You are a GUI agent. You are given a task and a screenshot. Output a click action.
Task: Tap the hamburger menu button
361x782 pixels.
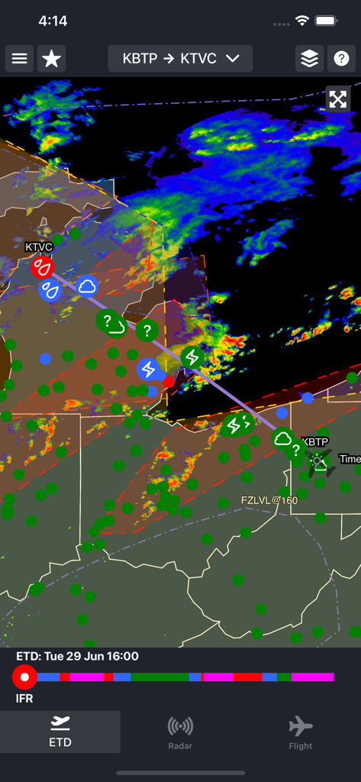pos(20,59)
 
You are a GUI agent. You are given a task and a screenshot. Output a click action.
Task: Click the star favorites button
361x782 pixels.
pos(51,59)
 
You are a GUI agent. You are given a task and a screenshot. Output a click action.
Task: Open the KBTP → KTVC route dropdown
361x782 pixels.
pos(180,59)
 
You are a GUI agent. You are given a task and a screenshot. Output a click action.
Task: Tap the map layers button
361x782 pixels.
pos(309,59)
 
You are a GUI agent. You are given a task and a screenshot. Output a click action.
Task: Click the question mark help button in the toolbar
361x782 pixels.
pos(341,59)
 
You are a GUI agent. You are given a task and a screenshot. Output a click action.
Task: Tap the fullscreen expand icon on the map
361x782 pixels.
pos(337,99)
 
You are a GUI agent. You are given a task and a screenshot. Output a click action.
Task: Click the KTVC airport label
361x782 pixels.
pos(39,247)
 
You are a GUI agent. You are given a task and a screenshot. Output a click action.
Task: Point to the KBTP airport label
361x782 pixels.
pos(315,441)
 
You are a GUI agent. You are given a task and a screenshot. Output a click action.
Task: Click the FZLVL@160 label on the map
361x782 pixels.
pos(269,500)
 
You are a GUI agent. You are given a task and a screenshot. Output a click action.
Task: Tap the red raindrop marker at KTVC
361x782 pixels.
pos(41,267)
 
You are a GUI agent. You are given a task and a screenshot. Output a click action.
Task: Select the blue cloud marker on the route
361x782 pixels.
pos(87,286)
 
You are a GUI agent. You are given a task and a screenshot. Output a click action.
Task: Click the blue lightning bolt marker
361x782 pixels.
pos(148,370)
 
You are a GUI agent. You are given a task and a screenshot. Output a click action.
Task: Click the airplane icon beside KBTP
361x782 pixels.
pos(319,461)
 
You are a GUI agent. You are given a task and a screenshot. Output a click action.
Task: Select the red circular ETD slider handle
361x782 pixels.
pos(24,677)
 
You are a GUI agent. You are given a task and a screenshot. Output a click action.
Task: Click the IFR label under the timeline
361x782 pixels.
pos(25,698)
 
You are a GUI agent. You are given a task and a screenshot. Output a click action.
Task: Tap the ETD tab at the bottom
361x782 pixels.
pos(60,732)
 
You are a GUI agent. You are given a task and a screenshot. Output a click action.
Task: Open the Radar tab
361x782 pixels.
pos(180,732)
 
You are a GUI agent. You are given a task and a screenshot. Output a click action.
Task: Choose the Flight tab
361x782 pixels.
pos(301,732)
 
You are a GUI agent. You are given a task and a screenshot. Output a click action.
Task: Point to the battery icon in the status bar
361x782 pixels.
pos(327,21)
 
